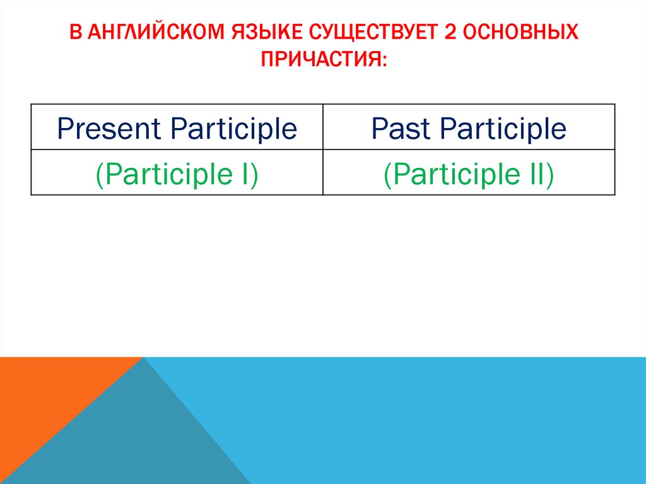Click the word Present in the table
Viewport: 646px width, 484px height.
109,129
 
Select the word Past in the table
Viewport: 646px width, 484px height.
402,129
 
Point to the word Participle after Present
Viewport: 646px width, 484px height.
233,129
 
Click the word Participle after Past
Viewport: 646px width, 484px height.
503,129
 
